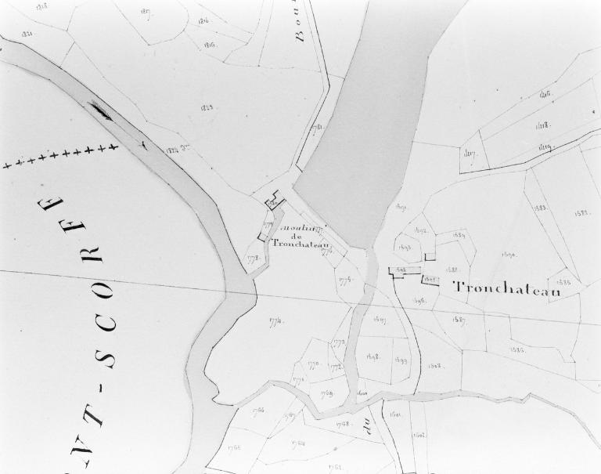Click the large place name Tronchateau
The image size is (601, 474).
[x=508, y=289]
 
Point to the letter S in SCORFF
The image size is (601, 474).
[x=106, y=360]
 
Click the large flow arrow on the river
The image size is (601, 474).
[x=101, y=112]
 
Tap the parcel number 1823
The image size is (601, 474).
[x=208, y=107]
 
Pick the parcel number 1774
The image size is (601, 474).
[x=275, y=320]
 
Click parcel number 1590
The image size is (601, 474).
[x=508, y=255]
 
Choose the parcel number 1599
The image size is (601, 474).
[x=400, y=360]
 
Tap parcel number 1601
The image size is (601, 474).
[x=395, y=414]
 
